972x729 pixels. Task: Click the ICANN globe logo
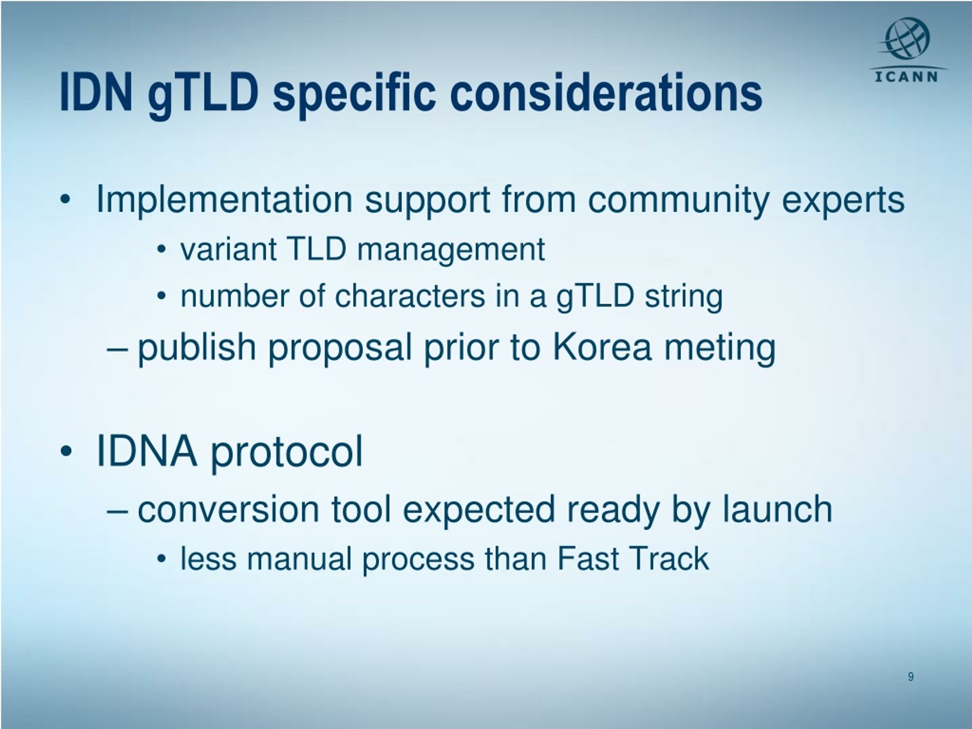[907, 39]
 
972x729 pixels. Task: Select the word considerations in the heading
[606, 93]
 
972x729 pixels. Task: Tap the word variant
[229, 249]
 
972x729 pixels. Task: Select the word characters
[410, 296]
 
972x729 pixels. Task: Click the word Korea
[601, 347]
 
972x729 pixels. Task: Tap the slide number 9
[911, 676]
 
